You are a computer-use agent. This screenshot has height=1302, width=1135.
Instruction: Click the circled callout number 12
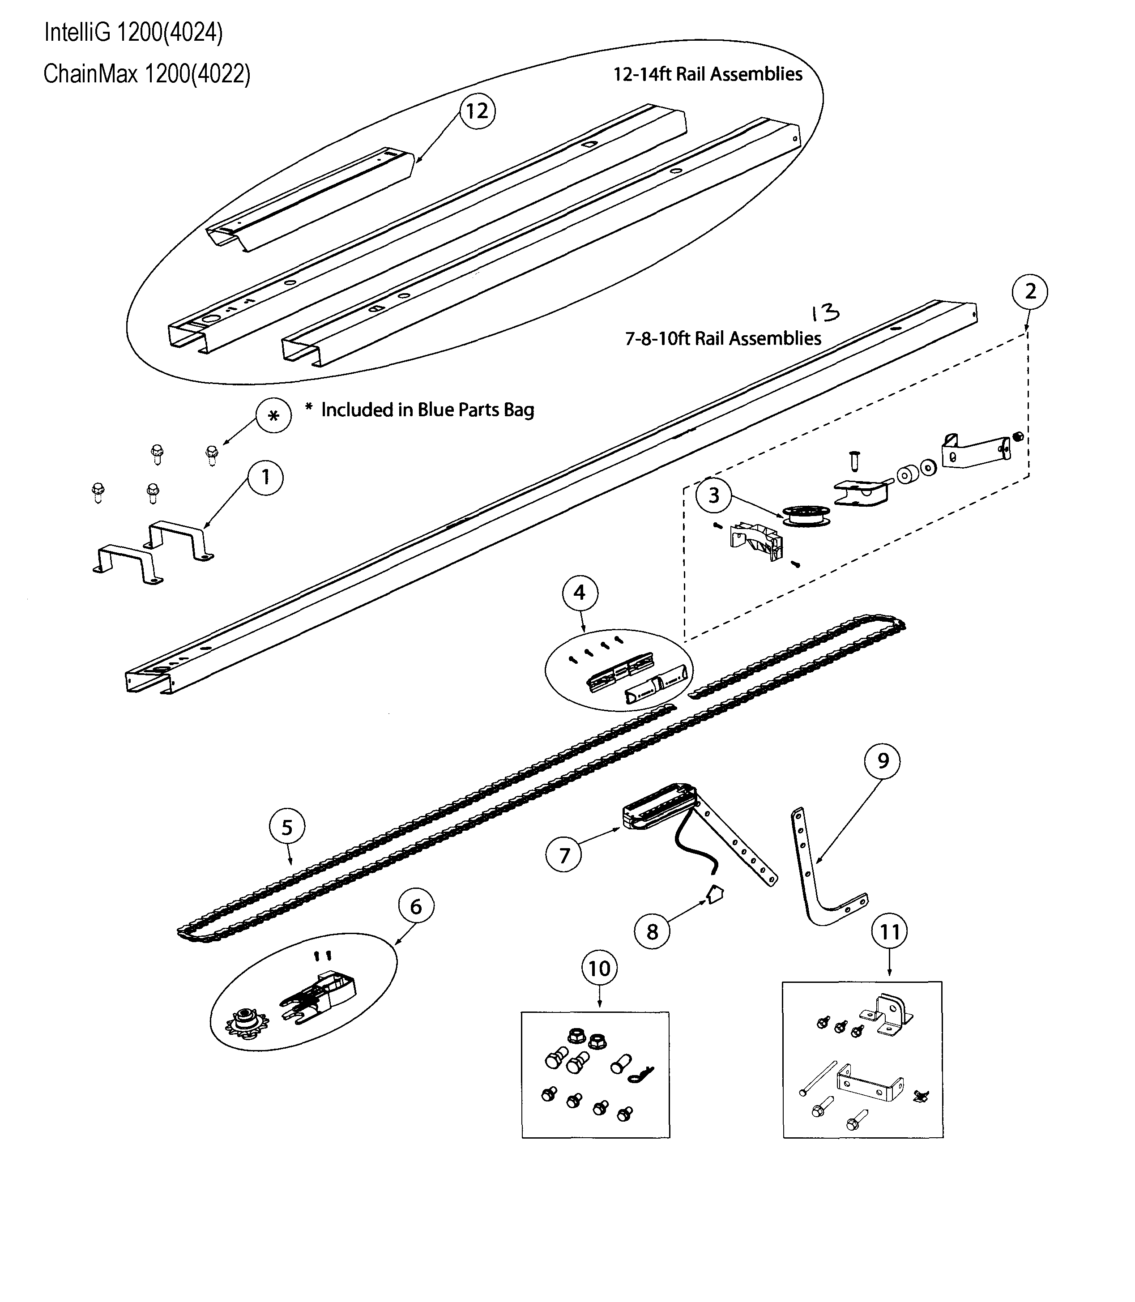click(x=477, y=111)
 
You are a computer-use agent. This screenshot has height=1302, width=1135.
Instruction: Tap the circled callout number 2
click(x=1030, y=291)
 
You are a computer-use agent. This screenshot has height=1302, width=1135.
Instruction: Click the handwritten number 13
click(x=825, y=313)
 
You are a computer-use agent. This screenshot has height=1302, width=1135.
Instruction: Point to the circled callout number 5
click(x=287, y=827)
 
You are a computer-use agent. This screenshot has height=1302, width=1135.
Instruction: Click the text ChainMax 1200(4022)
click(x=147, y=74)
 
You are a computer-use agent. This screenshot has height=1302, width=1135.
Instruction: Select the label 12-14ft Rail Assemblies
click(x=708, y=74)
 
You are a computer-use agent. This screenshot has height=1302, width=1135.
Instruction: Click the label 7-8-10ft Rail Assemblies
click(x=723, y=338)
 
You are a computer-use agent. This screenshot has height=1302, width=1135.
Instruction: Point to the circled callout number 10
click(x=599, y=968)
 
